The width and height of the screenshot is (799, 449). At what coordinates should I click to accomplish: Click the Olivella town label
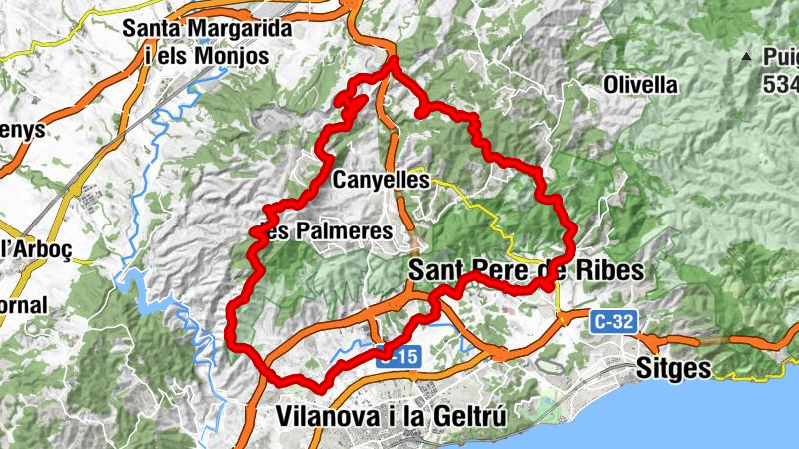tap(641, 85)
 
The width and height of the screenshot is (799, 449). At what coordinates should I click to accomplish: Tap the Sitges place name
tap(674, 368)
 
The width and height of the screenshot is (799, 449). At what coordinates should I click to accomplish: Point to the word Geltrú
tap(467, 414)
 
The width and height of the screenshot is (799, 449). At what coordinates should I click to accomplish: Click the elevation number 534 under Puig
tap(781, 85)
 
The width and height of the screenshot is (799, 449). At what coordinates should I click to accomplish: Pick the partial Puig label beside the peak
tap(778, 58)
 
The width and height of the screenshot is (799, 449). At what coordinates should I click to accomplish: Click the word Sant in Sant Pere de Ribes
tap(440, 270)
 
